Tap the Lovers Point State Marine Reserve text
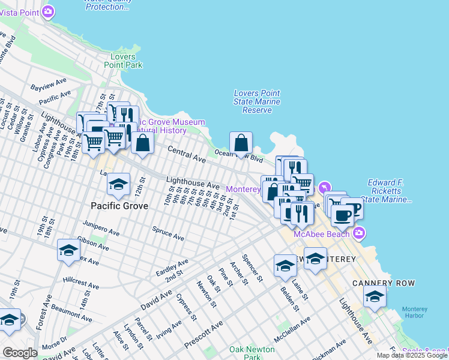(x=256, y=101)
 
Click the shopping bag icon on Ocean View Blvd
(x=241, y=143)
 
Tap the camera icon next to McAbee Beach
(x=359, y=232)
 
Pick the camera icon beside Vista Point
(x=49, y=11)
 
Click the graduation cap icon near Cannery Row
(x=375, y=296)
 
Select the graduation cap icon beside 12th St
(x=118, y=184)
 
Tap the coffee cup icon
(x=342, y=215)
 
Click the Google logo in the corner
(x=19, y=353)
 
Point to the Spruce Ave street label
(x=168, y=233)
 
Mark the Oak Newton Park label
(x=245, y=353)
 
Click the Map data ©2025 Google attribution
(x=412, y=355)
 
